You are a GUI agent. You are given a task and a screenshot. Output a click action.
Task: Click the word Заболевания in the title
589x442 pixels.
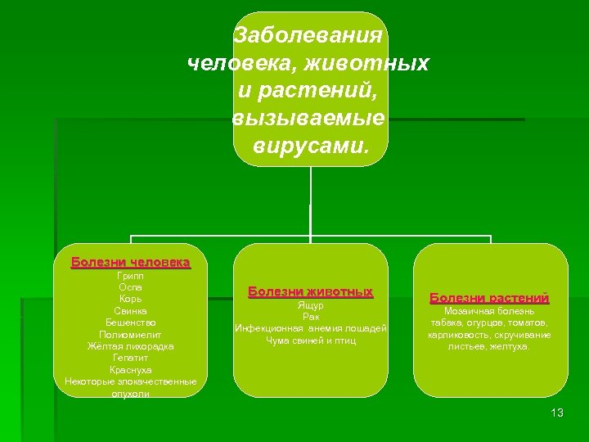click(x=308, y=35)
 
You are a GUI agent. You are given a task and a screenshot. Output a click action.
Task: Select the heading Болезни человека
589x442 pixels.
click(x=130, y=263)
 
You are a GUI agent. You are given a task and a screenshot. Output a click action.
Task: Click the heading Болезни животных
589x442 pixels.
click(x=310, y=292)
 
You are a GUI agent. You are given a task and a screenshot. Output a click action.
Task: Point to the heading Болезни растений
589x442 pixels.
click(x=489, y=298)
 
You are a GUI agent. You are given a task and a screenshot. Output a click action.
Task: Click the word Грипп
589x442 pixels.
click(x=130, y=276)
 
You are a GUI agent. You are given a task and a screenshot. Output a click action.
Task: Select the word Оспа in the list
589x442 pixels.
click(x=130, y=287)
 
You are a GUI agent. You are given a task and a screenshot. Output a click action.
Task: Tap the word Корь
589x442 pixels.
click(x=130, y=300)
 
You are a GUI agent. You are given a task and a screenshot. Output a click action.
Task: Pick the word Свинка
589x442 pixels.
click(x=130, y=311)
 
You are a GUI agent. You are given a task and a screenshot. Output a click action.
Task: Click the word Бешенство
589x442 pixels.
click(x=130, y=322)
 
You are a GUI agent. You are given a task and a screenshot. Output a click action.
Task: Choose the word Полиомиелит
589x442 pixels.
click(x=130, y=335)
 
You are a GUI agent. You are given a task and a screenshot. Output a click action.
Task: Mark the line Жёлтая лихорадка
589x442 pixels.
click(x=130, y=346)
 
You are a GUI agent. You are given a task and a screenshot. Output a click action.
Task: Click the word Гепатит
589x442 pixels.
click(x=130, y=358)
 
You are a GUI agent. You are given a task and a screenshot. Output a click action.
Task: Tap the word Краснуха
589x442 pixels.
click(x=130, y=370)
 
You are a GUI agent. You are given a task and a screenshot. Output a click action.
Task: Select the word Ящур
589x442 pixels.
click(x=310, y=305)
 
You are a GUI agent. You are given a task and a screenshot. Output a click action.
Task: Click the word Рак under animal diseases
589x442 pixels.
click(x=310, y=317)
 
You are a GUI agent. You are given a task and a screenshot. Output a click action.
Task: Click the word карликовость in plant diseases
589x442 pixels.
click(x=455, y=335)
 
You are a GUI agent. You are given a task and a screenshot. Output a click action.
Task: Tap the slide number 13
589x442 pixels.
click(x=557, y=413)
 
